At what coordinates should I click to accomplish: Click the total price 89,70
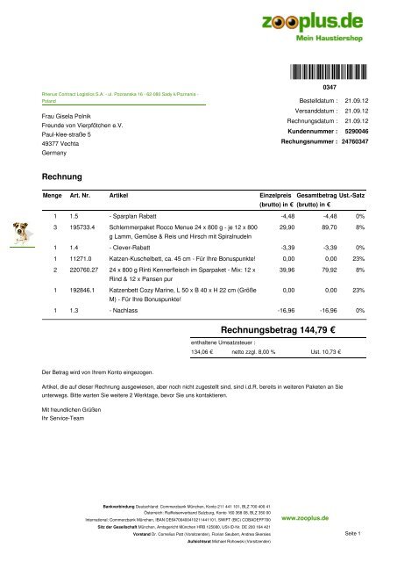pos(326,227)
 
